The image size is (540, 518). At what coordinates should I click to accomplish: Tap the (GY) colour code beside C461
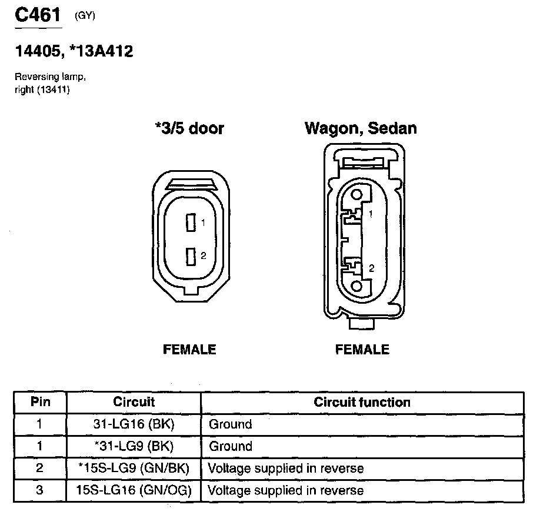[85, 16]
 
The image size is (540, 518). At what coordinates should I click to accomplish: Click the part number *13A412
[103, 52]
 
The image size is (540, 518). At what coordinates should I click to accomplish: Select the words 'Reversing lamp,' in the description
[42, 78]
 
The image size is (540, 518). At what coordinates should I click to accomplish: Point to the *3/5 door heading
[189, 128]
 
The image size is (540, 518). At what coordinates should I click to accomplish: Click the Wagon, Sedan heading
[361, 128]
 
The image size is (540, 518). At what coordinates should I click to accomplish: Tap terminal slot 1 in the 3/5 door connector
[190, 223]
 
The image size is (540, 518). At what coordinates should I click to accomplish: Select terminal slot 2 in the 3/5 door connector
[190, 256]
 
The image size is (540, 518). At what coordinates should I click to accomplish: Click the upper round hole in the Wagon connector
[356, 195]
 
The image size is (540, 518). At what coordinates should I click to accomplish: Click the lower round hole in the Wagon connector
[356, 285]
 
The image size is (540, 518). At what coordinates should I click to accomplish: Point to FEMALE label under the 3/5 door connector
[189, 350]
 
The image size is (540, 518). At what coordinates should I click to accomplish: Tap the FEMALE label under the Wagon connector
[362, 350]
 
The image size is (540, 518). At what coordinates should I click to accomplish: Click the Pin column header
[40, 402]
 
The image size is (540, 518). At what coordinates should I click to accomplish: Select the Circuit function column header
[362, 403]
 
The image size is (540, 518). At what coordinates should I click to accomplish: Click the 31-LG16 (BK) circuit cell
[134, 424]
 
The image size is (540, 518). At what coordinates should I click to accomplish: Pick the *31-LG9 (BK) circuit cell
[134, 446]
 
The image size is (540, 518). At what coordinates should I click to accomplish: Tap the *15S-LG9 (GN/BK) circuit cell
[134, 469]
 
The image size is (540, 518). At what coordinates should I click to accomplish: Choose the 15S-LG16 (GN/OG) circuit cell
[134, 490]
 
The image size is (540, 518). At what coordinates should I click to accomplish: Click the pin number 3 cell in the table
[40, 490]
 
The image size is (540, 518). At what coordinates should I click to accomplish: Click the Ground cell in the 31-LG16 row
[231, 424]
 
